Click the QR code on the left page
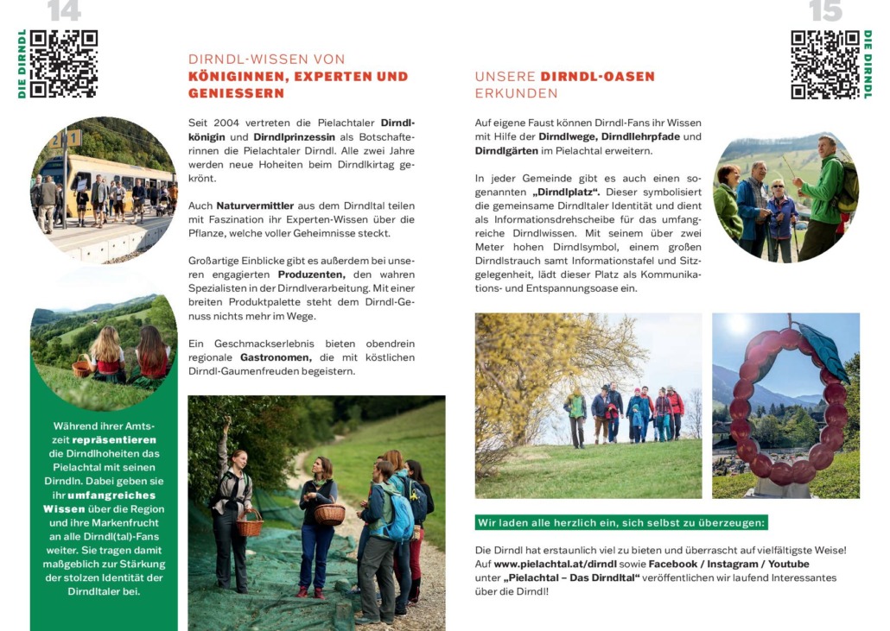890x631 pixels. point(63,64)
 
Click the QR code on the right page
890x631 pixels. point(825,65)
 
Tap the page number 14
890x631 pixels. point(64,11)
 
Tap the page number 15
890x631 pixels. point(825,11)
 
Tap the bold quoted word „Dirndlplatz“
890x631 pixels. point(566,192)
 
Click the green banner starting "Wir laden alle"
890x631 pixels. point(621,523)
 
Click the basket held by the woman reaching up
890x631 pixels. point(249,523)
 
